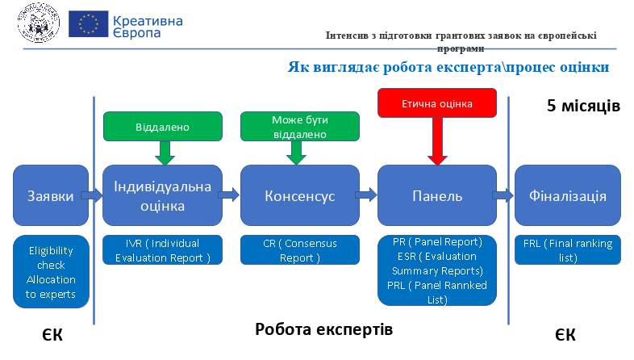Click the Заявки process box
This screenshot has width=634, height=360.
[51, 195]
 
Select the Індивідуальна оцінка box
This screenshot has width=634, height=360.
[163, 195]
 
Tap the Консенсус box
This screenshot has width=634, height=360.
[299, 195]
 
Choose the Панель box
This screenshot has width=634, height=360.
[437, 195]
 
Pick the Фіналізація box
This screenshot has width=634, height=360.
[568, 195]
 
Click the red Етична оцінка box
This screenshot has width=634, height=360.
[437, 103]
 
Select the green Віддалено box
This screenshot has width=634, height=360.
[163, 127]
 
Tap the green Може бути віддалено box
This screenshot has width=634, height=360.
[299, 127]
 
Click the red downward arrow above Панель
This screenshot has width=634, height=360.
[437, 141]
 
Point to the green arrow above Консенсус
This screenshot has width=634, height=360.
[296, 153]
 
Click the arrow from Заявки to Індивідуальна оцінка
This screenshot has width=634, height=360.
[92, 196]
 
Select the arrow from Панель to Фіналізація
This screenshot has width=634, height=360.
[503, 196]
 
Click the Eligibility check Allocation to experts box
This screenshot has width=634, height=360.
[51, 272]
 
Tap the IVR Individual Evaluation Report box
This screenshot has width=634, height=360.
[163, 250]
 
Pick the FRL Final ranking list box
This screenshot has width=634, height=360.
[568, 250]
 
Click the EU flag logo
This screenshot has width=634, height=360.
[88, 24]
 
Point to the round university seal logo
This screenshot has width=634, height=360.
[39, 23]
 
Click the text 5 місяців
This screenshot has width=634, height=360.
[583, 106]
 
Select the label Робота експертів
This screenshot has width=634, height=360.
[324, 329]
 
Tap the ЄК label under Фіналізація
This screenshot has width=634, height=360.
[565, 334]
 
